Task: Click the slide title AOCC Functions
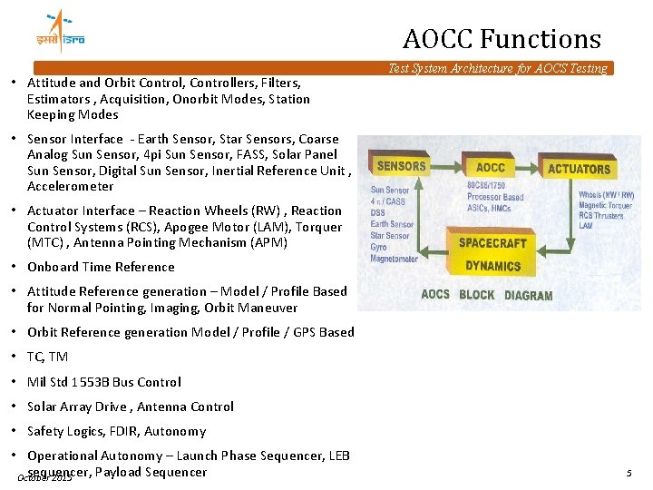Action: click(502, 39)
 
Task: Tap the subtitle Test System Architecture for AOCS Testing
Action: click(497, 68)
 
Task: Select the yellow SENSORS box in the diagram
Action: click(401, 166)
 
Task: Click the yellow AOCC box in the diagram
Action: click(490, 167)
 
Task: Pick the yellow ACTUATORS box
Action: click(579, 169)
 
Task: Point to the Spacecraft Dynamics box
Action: click(492, 254)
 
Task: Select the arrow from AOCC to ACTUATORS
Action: click(530, 168)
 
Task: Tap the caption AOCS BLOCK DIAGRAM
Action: click(486, 295)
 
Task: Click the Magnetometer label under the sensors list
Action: click(394, 259)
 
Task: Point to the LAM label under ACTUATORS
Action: click(586, 226)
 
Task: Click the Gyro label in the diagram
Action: click(379, 247)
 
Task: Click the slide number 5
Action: click(628, 473)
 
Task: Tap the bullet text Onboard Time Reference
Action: click(101, 267)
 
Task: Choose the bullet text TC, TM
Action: click(47, 357)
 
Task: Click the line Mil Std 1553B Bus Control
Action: click(103, 382)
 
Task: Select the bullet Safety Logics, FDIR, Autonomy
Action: click(116, 431)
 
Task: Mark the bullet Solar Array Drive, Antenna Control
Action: click(130, 407)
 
